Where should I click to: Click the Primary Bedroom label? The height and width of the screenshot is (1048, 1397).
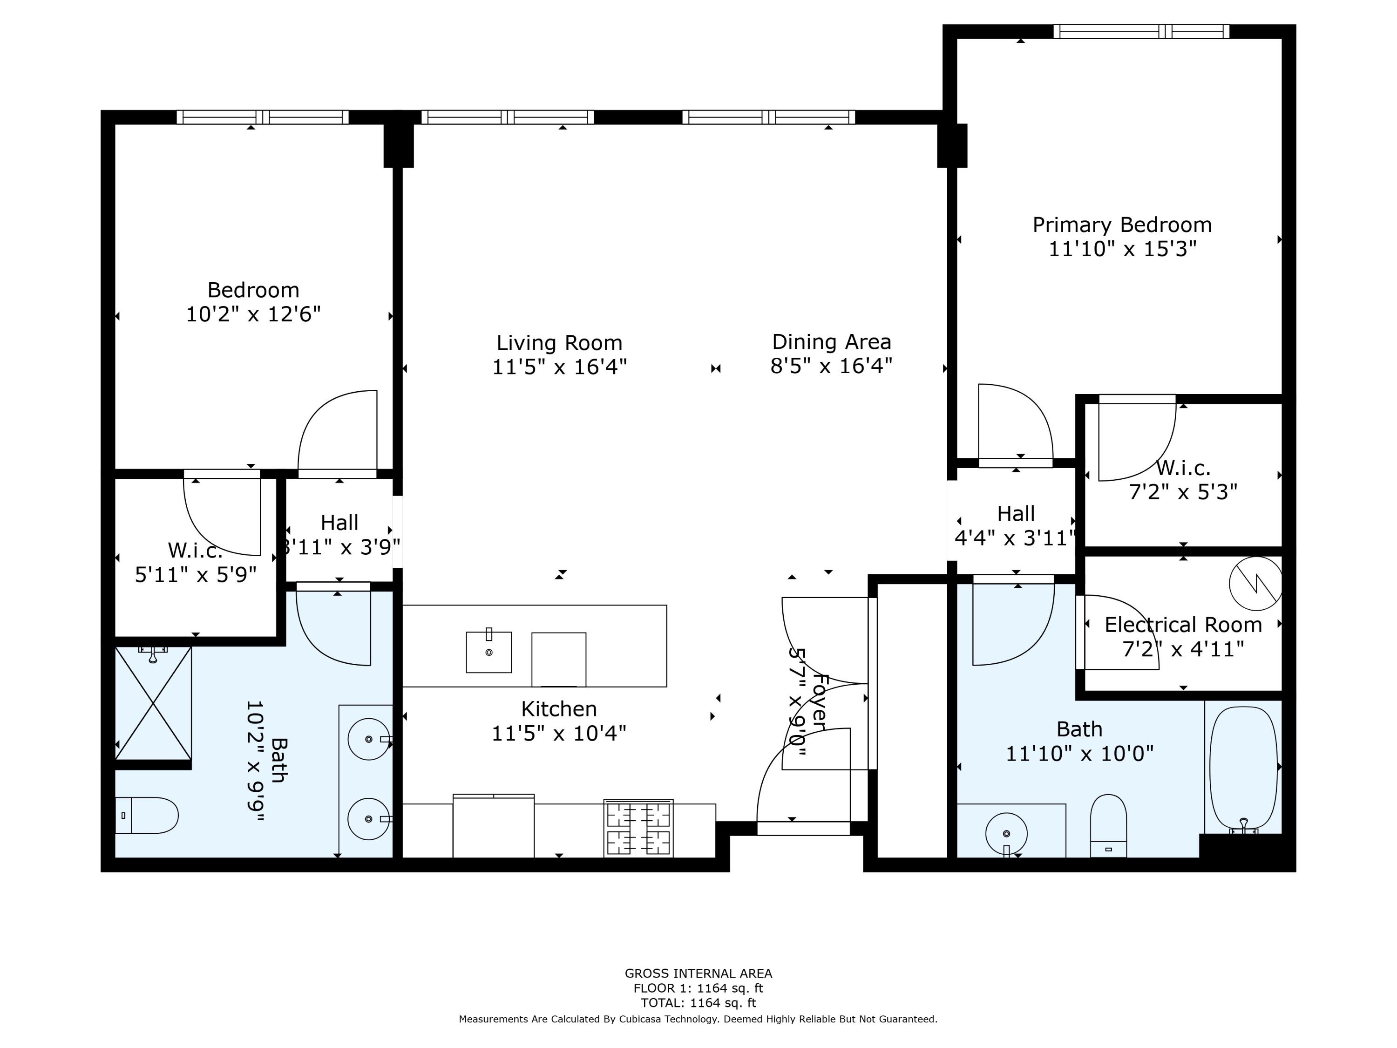(1122, 225)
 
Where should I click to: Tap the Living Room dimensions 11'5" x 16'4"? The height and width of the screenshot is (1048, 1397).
(560, 367)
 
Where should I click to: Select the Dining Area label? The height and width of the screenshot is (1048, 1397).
(832, 342)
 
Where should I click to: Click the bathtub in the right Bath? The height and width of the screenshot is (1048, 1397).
(1243, 769)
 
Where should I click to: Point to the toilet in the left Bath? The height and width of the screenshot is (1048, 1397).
(147, 816)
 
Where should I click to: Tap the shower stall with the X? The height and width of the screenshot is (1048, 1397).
(153, 703)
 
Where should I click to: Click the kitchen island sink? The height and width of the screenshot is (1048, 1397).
(489, 651)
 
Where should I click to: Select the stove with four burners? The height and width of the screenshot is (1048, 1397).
(638, 828)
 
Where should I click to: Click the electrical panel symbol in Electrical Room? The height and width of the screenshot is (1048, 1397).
(1255, 584)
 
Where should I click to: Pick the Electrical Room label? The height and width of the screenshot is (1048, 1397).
(1183, 625)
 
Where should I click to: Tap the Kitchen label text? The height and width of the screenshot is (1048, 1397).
(559, 709)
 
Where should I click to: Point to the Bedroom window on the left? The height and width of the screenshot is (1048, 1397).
(263, 117)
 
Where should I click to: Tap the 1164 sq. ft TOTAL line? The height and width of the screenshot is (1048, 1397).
(698, 1002)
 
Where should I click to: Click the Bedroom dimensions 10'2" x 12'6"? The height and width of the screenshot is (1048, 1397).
(253, 314)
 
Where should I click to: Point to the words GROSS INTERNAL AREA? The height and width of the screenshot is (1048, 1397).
(698, 973)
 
